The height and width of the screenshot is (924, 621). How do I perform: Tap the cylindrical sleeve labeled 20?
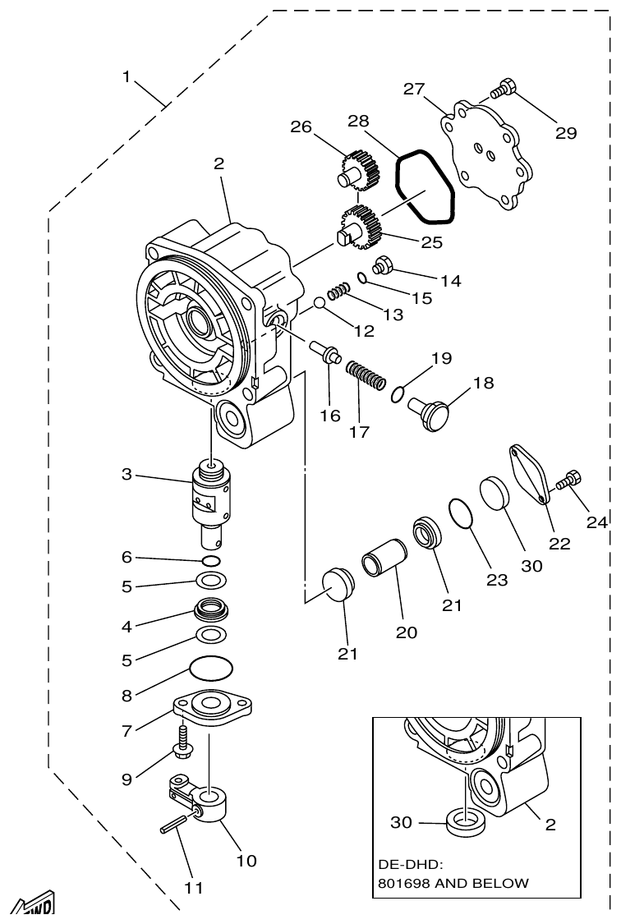(384, 568)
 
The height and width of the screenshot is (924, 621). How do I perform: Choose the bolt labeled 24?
(568, 481)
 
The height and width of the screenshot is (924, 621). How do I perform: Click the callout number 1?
(126, 76)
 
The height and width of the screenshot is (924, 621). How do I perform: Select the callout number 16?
(330, 416)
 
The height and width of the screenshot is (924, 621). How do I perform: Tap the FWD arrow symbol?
(34, 905)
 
